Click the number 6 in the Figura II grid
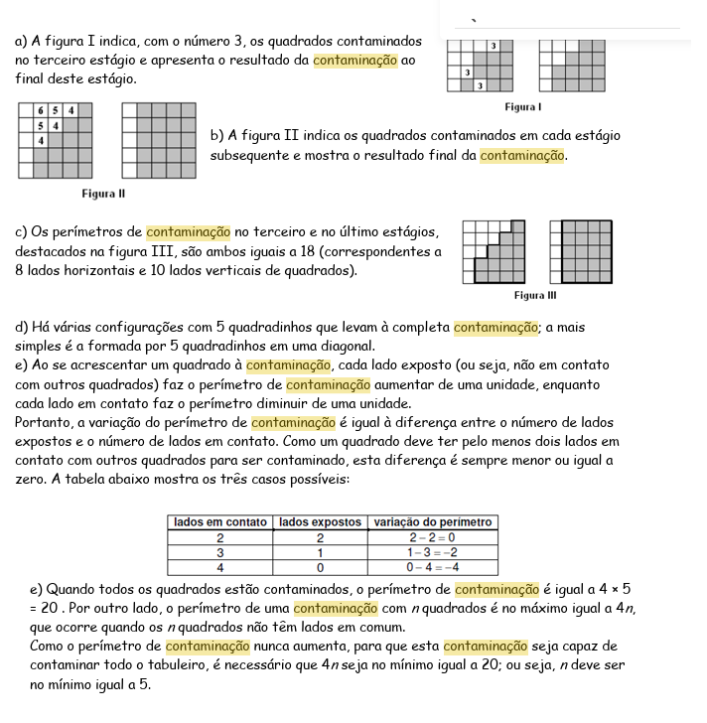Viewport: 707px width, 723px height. coord(40,110)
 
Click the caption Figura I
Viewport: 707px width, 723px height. coord(523,106)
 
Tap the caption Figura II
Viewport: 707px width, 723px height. coord(102,193)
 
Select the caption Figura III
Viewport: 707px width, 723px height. coord(535,295)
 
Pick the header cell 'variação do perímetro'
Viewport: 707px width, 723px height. coord(432,522)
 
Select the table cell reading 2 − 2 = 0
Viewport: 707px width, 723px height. coord(432,537)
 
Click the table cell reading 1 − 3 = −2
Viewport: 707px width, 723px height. coord(432,552)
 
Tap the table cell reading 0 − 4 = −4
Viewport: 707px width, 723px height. coord(432,567)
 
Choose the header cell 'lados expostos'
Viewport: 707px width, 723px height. coord(320,522)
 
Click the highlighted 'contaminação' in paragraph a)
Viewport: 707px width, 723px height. coord(354,60)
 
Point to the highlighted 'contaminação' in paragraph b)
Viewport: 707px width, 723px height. coord(522,155)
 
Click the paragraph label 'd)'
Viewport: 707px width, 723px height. coord(22,327)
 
